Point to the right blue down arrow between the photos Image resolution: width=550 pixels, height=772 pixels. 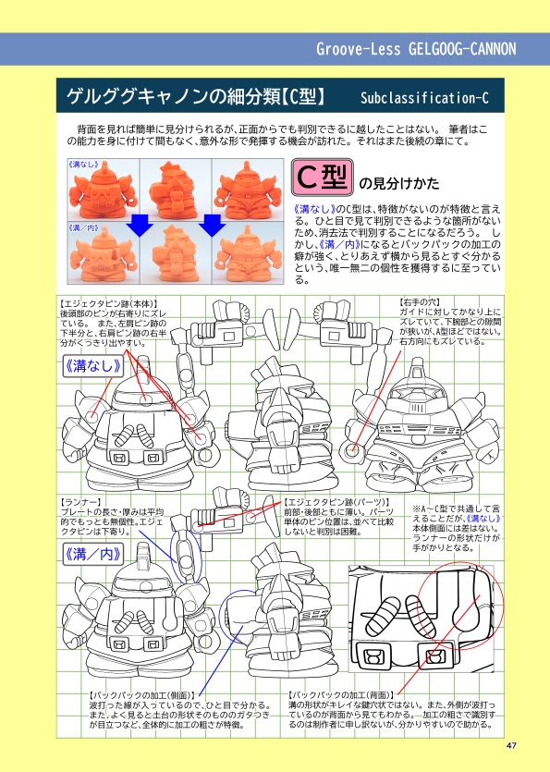pyautogui.click(x=214, y=226)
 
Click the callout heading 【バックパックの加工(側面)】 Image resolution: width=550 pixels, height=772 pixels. pyautogui.click(x=142, y=693)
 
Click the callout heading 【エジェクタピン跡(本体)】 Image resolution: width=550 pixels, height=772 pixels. pyautogui.click(x=107, y=302)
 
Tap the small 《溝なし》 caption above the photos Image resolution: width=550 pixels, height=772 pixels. pyautogui.click(x=83, y=163)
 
